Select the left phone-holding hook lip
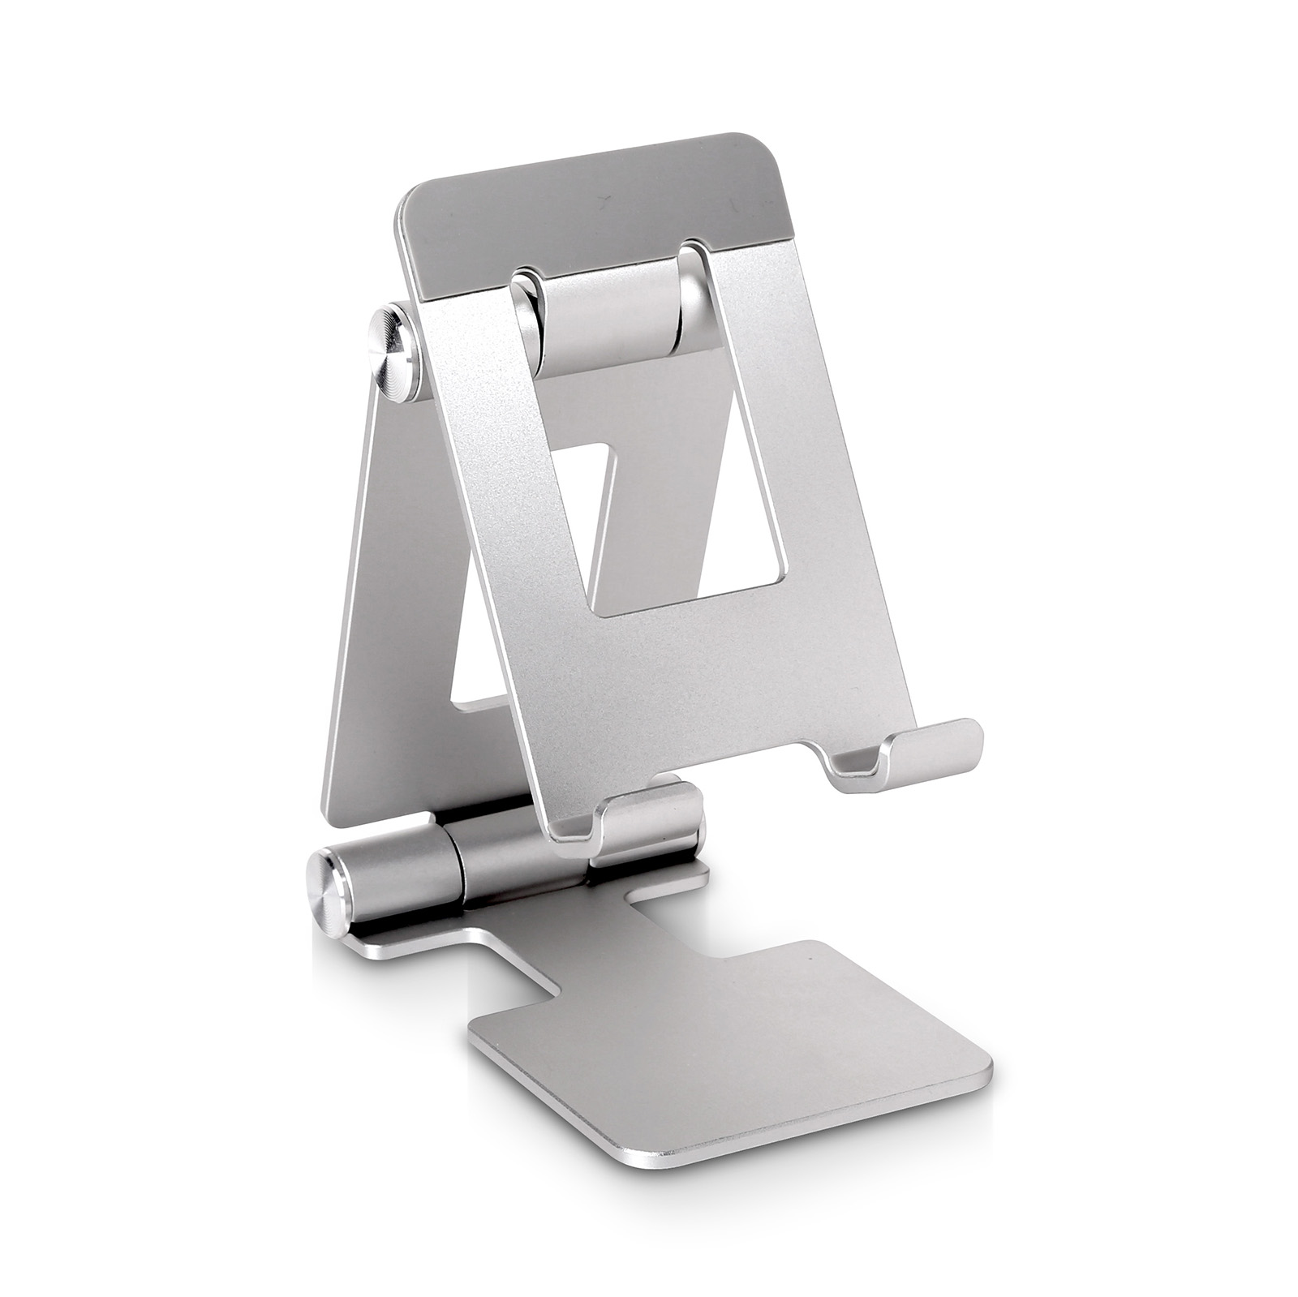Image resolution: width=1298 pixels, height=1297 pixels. (x=649, y=818)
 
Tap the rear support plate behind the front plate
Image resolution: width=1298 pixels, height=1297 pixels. (x=389, y=649)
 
